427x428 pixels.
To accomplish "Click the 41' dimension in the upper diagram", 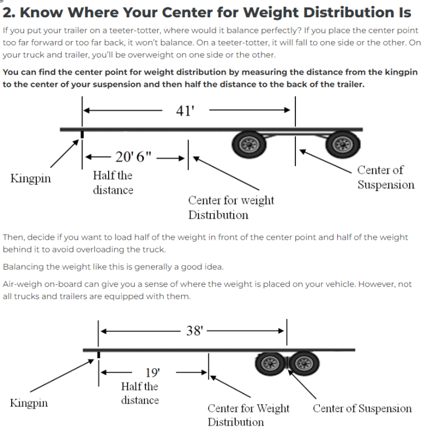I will [x=185, y=110].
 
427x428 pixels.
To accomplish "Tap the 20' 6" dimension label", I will [x=133, y=157].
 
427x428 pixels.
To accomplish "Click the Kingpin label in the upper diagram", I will [x=30, y=179].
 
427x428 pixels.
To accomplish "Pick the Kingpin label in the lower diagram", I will [x=29, y=402].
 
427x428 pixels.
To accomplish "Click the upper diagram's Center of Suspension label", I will [x=386, y=177].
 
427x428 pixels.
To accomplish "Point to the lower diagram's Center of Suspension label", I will [x=362, y=408].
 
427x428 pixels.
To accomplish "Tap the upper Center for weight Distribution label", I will [x=231, y=207].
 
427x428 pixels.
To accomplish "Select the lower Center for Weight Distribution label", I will [x=248, y=415].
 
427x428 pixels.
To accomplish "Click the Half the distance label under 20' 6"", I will [x=113, y=183].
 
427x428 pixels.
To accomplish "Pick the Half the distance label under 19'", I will [x=139, y=393].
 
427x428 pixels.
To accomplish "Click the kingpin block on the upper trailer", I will [x=83, y=134].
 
